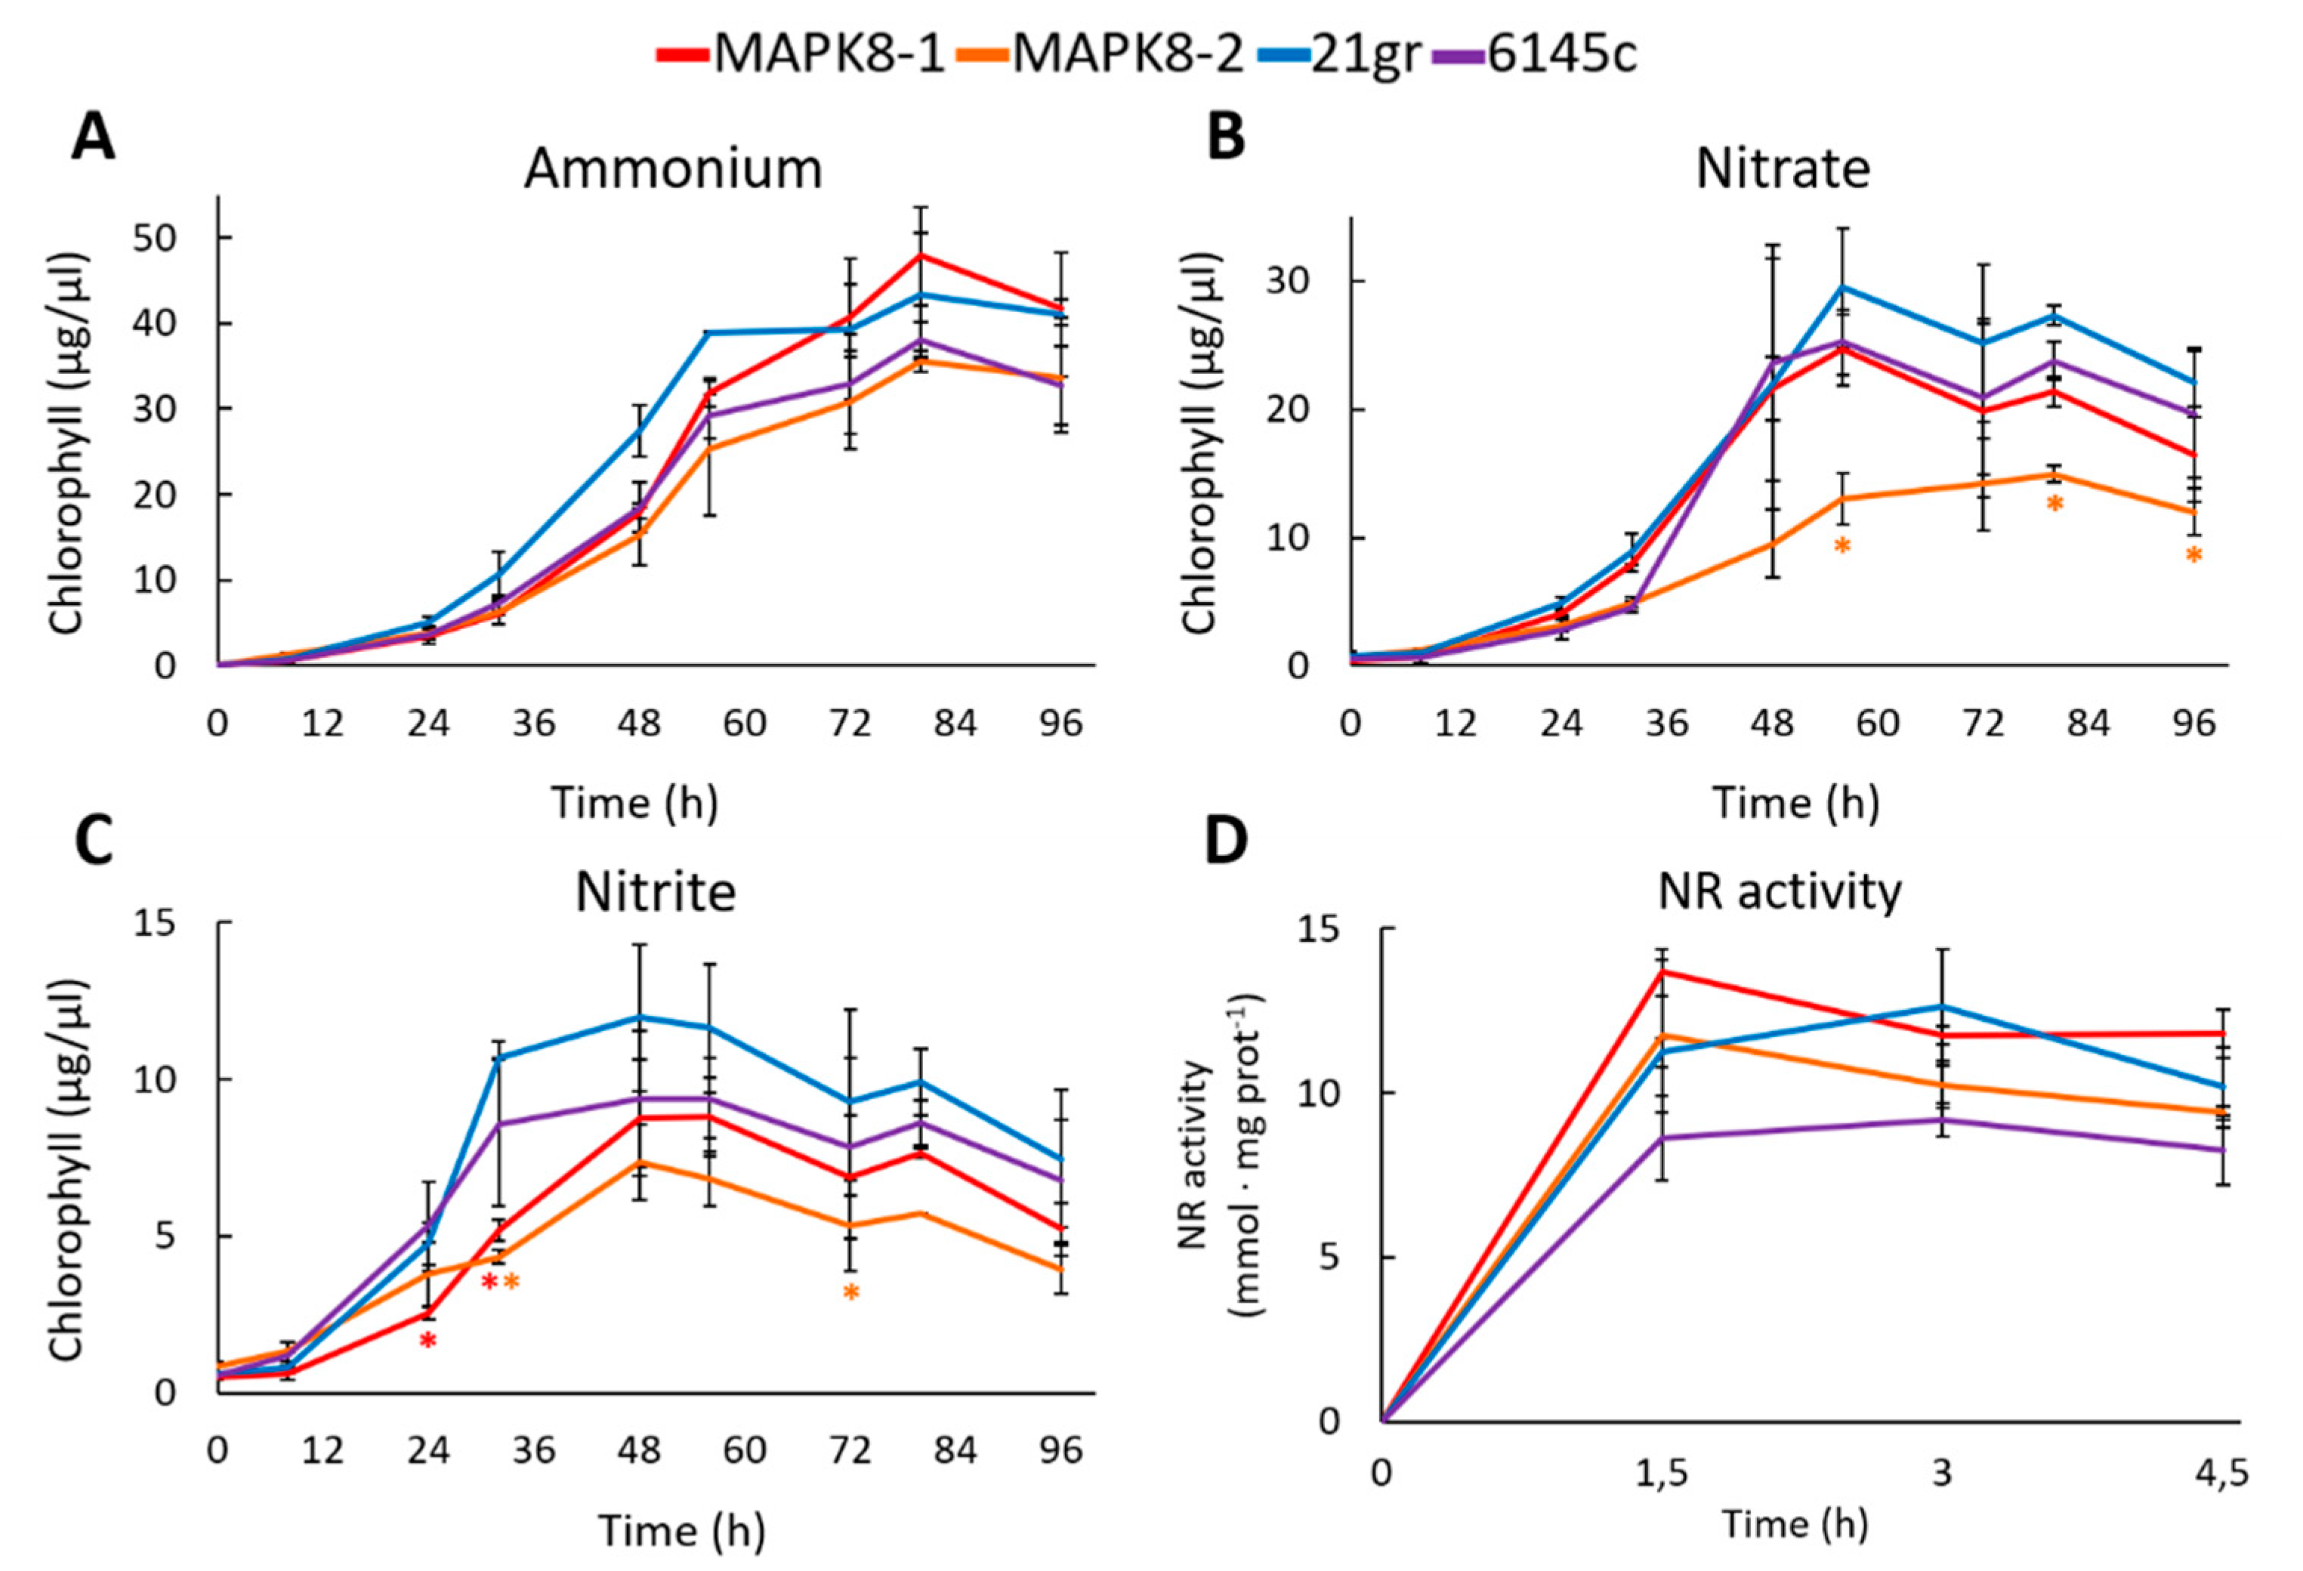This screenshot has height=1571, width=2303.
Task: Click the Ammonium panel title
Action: (673, 169)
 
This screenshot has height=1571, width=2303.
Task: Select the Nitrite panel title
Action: (656, 892)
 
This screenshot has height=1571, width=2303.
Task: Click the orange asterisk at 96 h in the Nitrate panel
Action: (2194, 555)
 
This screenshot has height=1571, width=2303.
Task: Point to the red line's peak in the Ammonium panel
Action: (922, 256)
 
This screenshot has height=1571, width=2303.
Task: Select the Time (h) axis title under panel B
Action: (1795, 802)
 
